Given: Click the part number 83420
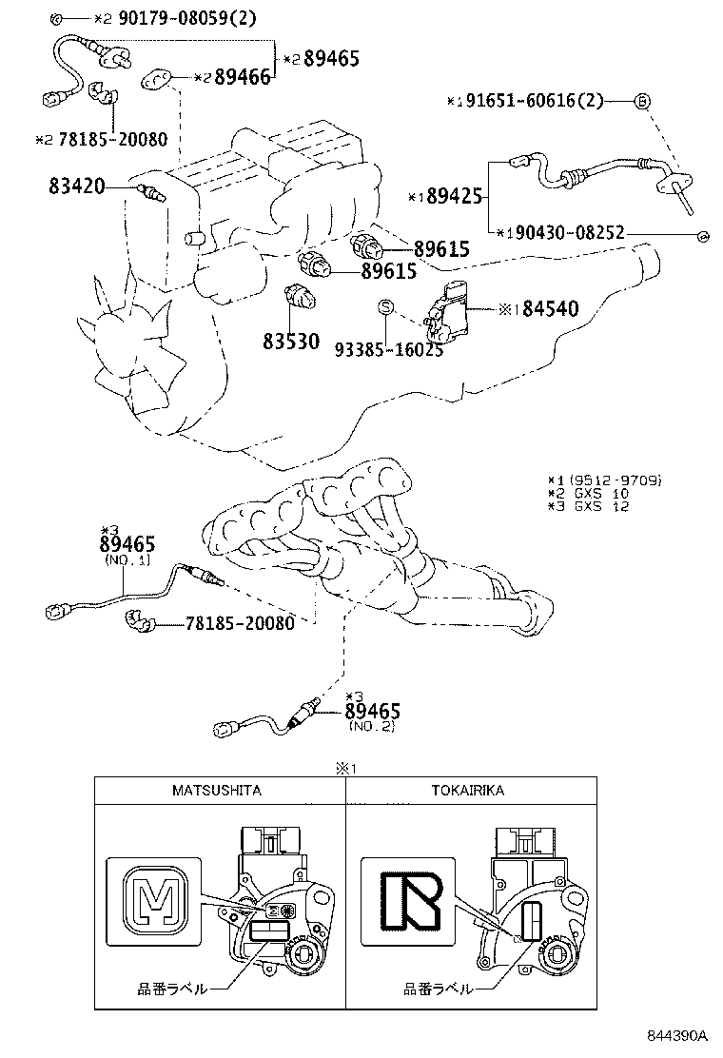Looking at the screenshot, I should click(x=77, y=186).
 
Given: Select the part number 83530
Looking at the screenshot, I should click(x=291, y=341).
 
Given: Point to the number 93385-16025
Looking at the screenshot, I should click(x=388, y=349).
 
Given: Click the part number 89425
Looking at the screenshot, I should click(x=449, y=198).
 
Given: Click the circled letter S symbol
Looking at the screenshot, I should click(x=386, y=306).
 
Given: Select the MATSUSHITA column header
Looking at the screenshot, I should click(x=217, y=790).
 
